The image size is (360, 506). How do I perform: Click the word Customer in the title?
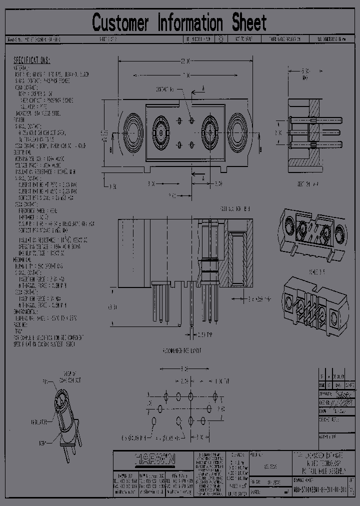click(x=120, y=23)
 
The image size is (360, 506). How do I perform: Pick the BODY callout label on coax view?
click(x=42, y=443)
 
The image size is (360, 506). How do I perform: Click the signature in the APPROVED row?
click(x=343, y=394)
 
